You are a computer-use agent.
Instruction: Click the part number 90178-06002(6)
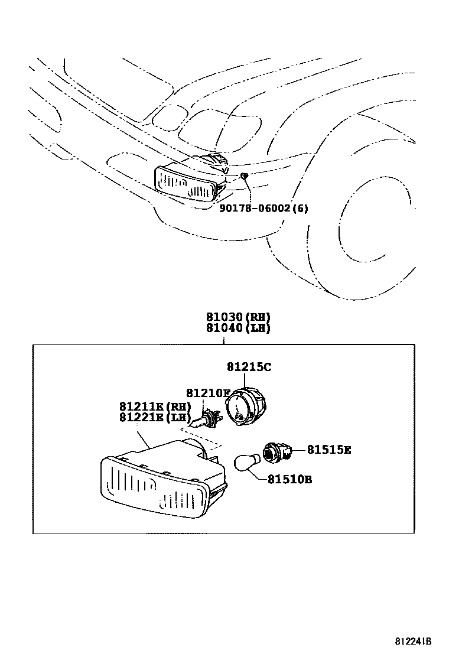pyautogui.click(x=264, y=208)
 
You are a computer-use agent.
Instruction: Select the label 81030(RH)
pyautogui.click(x=238, y=317)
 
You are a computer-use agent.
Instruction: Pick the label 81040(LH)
pyautogui.click(x=238, y=328)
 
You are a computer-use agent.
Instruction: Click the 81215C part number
pyautogui.click(x=249, y=367)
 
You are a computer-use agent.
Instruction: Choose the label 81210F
pyautogui.click(x=207, y=393)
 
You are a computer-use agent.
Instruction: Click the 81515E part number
pyautogui.click(x=328, y=450)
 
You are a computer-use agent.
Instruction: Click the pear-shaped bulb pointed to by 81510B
pyautogui.click(x=245, y=462)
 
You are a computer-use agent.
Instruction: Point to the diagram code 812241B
pyautogui.click(x=414, y=641)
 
